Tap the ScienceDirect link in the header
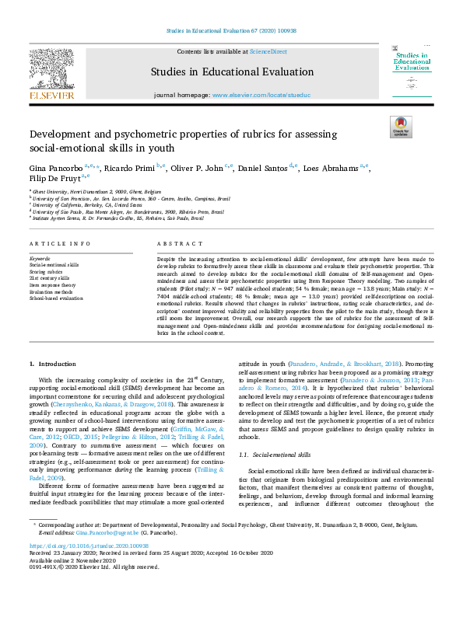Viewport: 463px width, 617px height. coord(267,51)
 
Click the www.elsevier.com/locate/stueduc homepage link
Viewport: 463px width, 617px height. coord(260,94)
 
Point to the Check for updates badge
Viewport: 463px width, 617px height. coord(401,127)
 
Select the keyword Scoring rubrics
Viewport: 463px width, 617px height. coord(45,270)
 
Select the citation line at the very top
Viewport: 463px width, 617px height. coord(231,31)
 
